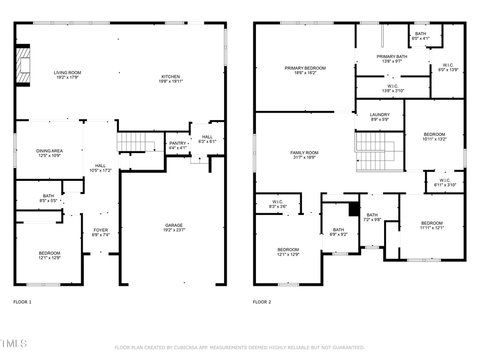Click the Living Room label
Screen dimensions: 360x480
pos(67,73)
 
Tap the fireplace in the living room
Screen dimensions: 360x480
pos(23,66)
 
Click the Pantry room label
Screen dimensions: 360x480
pos(177,143)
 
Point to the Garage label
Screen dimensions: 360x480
pos(173,225)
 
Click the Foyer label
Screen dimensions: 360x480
pos(100,230)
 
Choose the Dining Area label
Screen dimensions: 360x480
pos(49,151)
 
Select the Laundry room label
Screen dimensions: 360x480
pos(379,115)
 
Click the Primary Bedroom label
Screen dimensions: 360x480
pos(305,68)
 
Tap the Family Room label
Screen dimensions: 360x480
pos(305,153)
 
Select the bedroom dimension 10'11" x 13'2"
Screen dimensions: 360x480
pos(434,139)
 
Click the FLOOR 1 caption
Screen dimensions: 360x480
pos(22,302)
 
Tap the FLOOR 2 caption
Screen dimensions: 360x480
pos(262,302)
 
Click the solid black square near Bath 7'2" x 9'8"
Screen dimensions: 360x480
pos(353,210)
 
